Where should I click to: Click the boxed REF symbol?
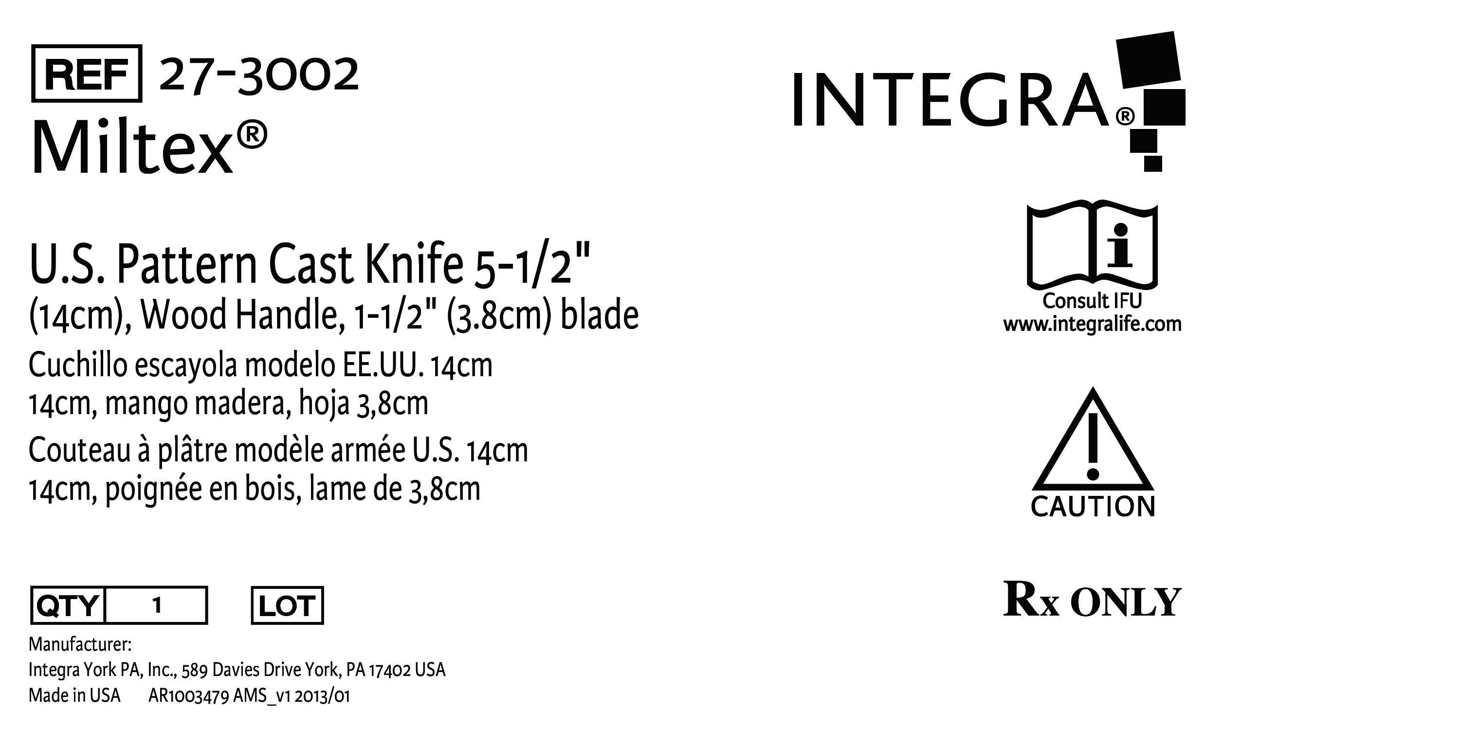tap(87, 73)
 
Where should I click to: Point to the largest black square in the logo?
tap(1149, 59)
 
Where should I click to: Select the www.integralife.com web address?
tap(1092, 324)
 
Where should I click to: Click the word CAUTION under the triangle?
tap(1093, 507)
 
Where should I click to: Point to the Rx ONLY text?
tap(1092, 600)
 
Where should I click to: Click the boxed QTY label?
tap(68, 605)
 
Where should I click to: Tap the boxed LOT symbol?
tap(287, 605)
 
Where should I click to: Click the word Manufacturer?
tap(80, 644)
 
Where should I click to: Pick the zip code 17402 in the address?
tap(389, 671)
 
